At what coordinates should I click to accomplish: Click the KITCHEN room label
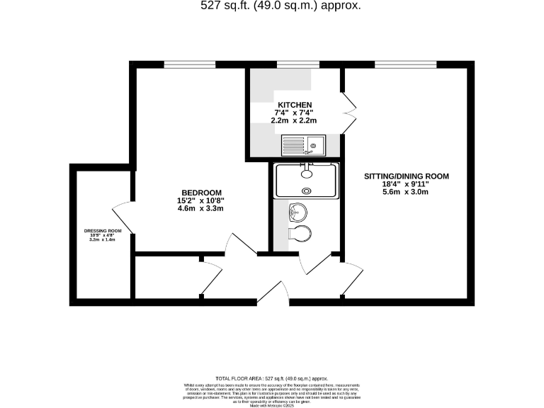295,104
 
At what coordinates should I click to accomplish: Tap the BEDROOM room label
202,193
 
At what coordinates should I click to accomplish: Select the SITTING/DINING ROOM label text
406,176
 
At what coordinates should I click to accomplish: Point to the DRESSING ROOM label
103,231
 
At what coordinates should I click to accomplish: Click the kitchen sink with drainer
302,145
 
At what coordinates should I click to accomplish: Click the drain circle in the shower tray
307,190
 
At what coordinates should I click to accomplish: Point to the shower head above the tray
306,171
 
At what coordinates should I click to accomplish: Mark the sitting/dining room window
395,64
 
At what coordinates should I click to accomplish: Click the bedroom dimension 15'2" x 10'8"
201,200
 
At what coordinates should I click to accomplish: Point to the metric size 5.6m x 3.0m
406,191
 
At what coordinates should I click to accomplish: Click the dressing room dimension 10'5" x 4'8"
103,236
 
